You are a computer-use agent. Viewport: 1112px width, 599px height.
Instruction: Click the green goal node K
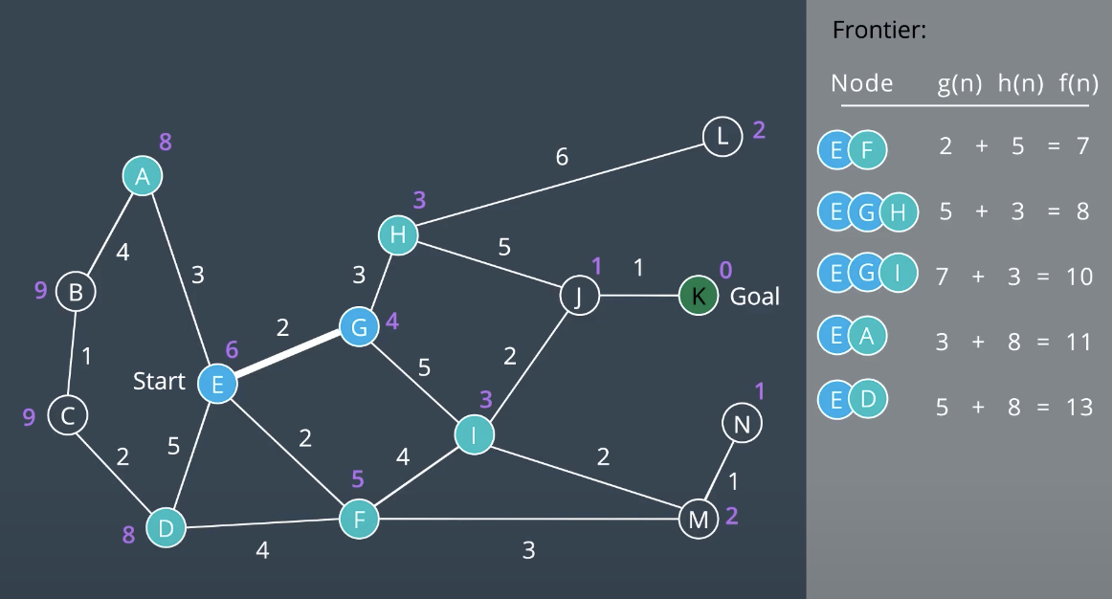tap(699, 296)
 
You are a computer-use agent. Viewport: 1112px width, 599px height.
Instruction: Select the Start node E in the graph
tap(217, 384)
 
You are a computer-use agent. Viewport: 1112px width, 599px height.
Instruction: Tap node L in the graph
tap(723, 136)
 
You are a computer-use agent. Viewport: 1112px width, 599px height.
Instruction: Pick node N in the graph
tap(742, 423)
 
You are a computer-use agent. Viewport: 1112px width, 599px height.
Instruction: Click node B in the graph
tap(76, 291)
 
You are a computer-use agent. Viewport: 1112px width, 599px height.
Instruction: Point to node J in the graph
tap(579, 296)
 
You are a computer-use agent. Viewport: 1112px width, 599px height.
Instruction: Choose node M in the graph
tap(698, 520)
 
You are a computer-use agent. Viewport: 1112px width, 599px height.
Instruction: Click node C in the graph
tap(68, 416)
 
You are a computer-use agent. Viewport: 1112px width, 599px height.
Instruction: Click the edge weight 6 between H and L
tap(562, 156)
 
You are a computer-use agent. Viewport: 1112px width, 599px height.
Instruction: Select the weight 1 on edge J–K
tap(638, 268)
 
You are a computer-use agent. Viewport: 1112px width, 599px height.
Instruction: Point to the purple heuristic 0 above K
tap(725, 271)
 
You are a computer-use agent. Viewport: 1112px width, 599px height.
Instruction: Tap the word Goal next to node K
tap(755, 297)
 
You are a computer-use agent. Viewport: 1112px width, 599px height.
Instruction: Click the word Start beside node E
tap(159, 382)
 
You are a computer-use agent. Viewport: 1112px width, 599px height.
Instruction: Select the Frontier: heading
tap(878, 30)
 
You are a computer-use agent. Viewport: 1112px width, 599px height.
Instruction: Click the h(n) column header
tap(1020, 83)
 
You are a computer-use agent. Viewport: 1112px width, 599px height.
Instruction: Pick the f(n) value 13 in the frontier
tap(1079, 407)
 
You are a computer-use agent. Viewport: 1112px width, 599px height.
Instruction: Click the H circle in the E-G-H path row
tap(898, 211)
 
